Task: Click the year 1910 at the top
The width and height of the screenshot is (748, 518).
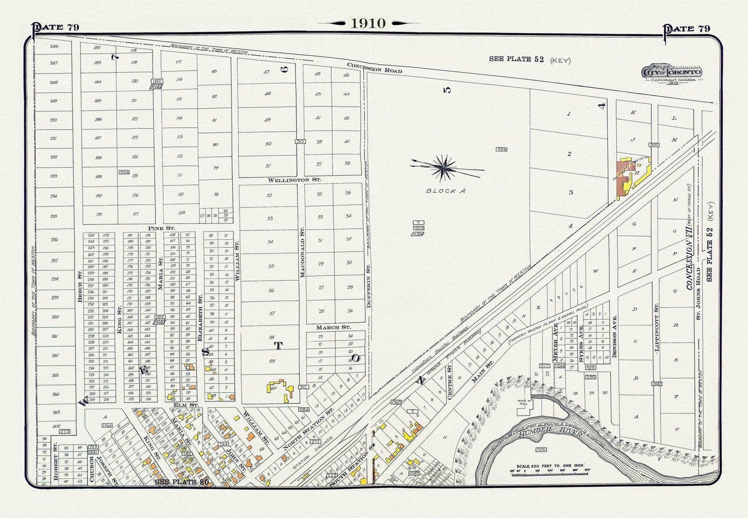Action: coord(368,23)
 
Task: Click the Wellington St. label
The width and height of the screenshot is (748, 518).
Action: coord(294,180)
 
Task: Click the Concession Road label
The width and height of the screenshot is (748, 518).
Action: coord(374,68)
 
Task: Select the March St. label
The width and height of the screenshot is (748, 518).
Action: coord(333,327)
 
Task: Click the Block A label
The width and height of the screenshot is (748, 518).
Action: coord(445,191)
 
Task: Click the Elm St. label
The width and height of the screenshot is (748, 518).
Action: coord(186,405)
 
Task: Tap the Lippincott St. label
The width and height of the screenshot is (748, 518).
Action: coord(657,328)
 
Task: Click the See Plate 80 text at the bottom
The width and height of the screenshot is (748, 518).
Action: coord(181,482)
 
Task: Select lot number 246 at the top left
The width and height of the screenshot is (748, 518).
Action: coord(54,46)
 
